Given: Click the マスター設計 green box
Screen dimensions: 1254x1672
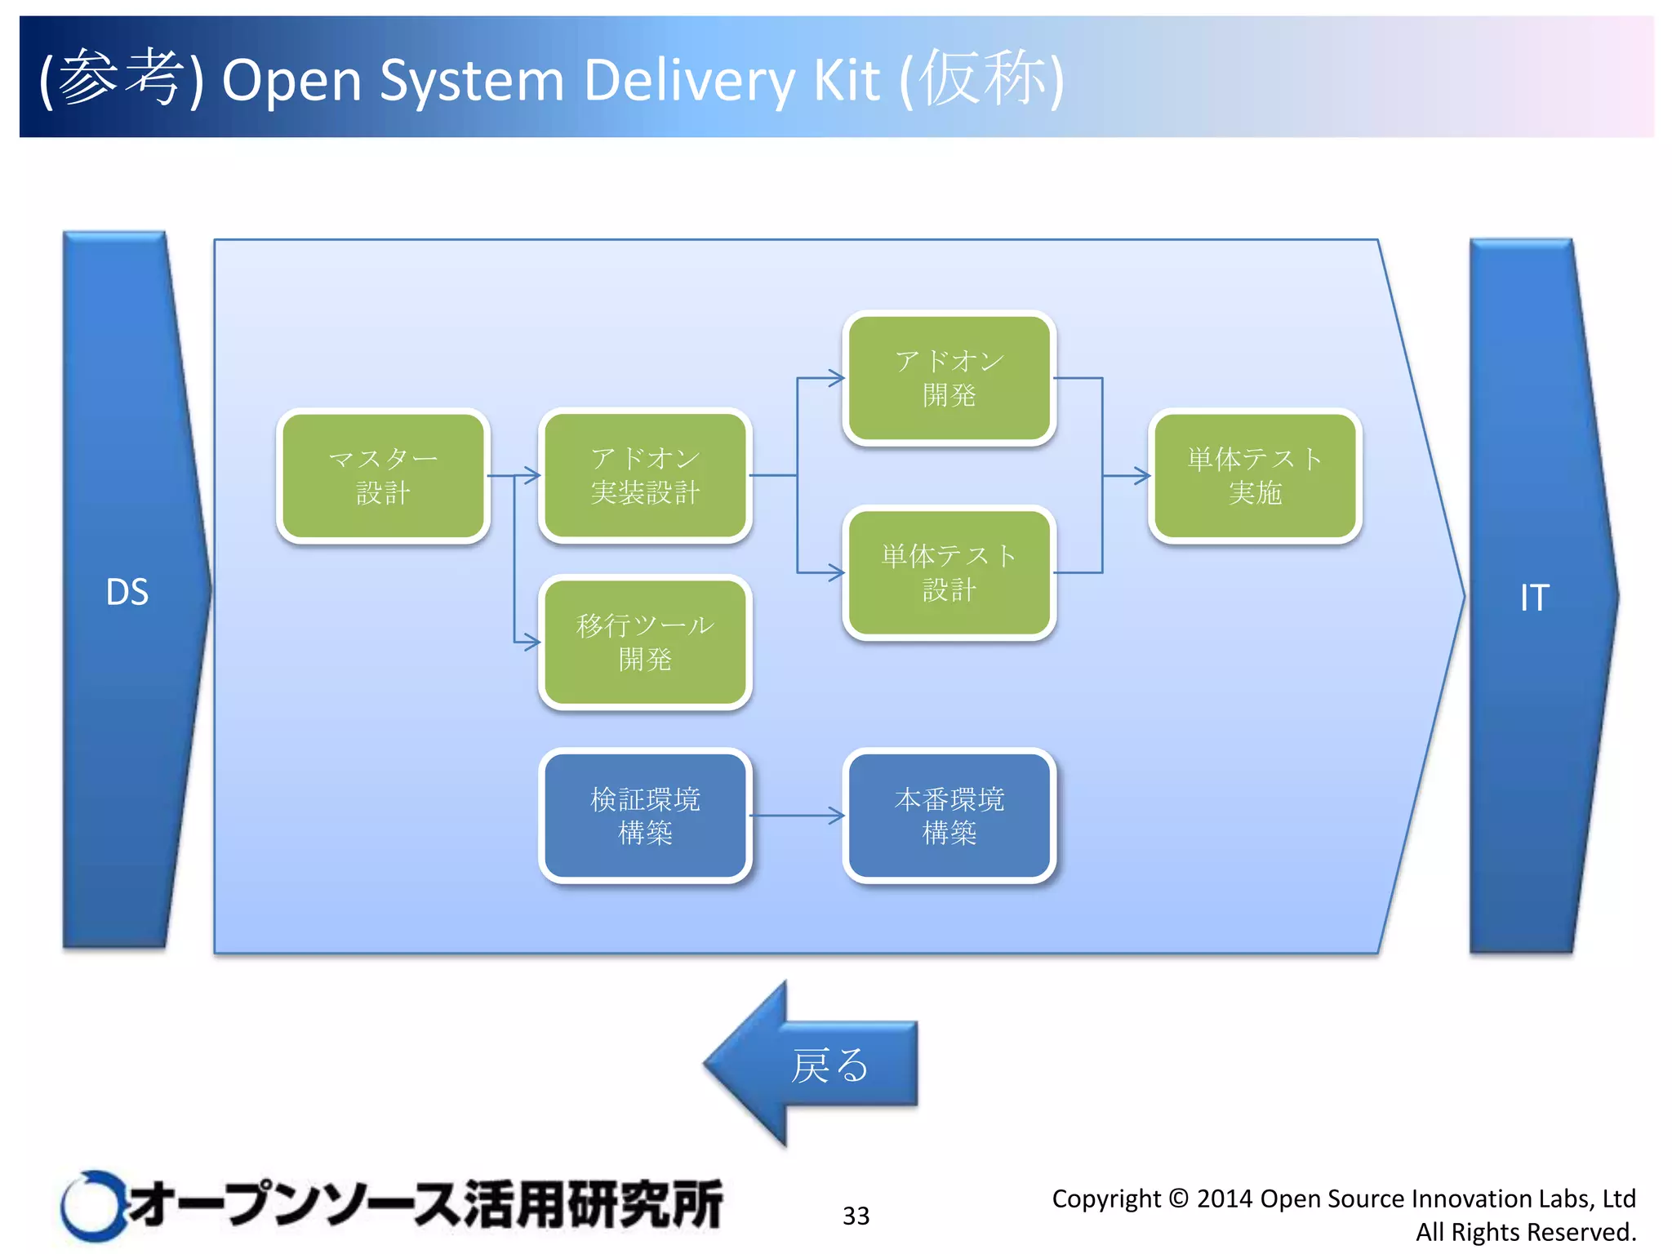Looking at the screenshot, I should click(383, 475).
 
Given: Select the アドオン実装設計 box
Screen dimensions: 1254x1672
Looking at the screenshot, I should click(645, 475).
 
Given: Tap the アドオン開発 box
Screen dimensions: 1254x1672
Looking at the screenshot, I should click(949, 378).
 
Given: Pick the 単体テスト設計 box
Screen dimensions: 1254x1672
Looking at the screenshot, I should click(949, 572).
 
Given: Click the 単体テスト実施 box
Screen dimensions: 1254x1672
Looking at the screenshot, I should click(1255, 475).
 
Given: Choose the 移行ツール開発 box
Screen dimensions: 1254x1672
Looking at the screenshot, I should click(645, 642).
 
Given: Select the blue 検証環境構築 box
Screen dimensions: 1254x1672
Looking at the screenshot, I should click(645, 816).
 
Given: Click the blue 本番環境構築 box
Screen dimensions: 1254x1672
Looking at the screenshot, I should click(949, 816).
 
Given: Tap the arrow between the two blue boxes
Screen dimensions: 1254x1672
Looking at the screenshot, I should click(796, 816).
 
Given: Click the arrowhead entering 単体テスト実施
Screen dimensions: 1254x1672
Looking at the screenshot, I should click(1142, 475).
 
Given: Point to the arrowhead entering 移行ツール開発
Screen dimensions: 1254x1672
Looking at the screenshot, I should click(532, 642).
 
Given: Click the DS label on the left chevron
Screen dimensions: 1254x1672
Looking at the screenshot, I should click(127, 592).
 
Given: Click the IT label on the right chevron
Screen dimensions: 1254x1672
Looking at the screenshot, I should click(1534, 598).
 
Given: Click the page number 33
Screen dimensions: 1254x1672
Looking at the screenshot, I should click(856, 1216).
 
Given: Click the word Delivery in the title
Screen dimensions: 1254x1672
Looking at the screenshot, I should click(689, 80).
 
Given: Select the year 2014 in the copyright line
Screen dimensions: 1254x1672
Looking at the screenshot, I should click(1225, 1198).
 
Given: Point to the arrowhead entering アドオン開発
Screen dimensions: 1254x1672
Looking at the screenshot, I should click(836, 378).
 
